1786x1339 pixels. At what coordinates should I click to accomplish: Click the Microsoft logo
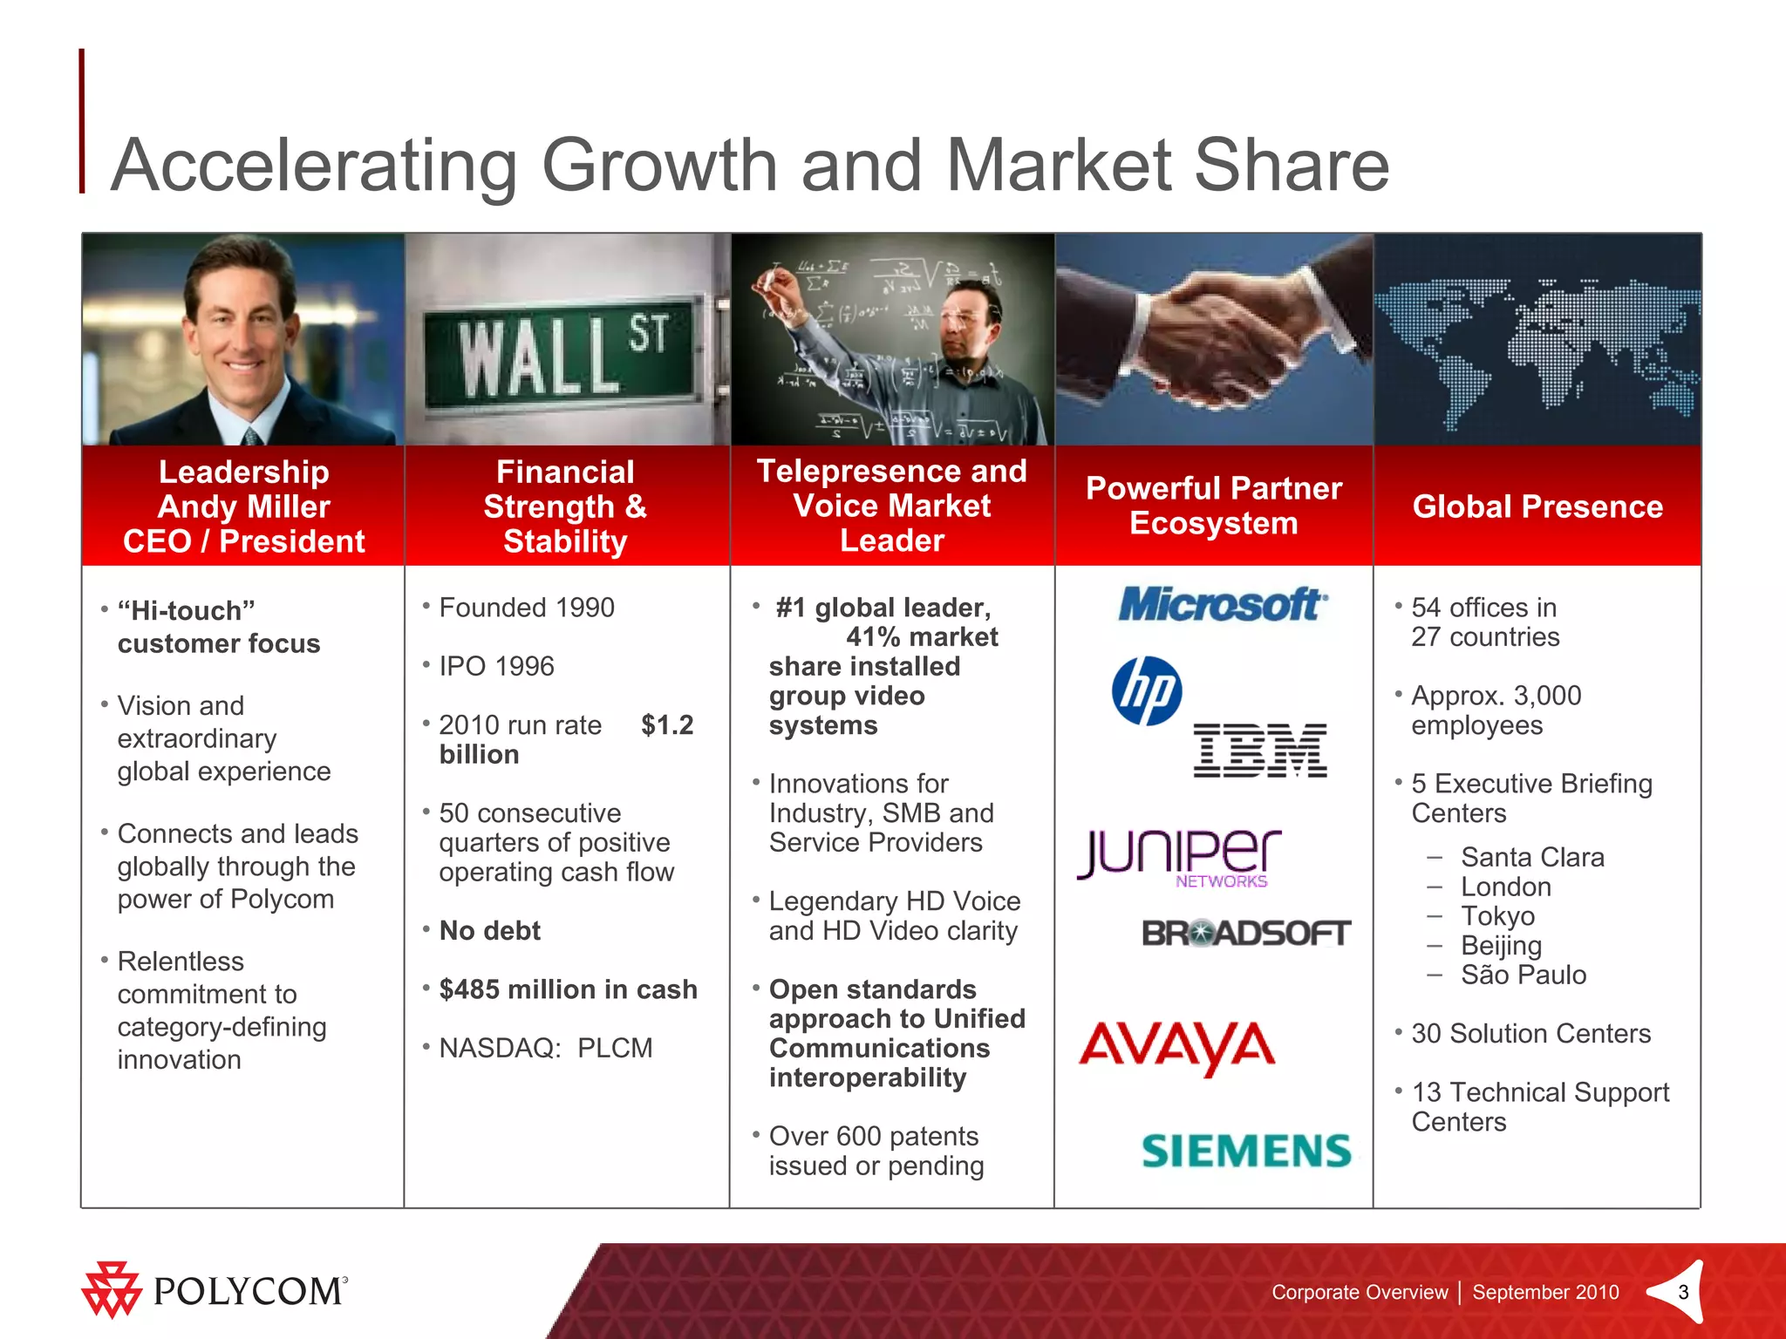point(1223,604)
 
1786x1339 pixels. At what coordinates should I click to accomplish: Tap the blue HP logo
point(1147,690)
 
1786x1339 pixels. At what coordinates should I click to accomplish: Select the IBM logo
point(1259,750)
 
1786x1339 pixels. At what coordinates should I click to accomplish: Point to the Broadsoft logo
point(1245,934)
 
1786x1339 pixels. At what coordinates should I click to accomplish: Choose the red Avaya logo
point(1176,1046)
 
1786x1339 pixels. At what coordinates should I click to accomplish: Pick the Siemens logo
point(1245,1151)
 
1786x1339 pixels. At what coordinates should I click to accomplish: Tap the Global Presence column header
point(1537,506)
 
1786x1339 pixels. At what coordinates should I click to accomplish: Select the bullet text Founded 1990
point(527,608)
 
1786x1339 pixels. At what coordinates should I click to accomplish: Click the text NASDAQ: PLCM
point(545,1048)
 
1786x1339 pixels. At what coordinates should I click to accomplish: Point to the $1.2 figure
point(667,724)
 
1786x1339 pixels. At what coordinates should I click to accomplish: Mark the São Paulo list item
point(1523,975)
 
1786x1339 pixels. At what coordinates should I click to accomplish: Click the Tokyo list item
point(1497,916)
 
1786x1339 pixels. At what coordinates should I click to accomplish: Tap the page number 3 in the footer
point(1683,1292)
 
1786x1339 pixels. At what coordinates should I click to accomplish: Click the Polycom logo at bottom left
point(215,1290)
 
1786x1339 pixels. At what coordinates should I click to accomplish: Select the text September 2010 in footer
point(1545,1292)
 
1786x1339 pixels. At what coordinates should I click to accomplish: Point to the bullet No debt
point(489,931)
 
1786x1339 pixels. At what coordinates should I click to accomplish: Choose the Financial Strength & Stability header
point(565,506)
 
